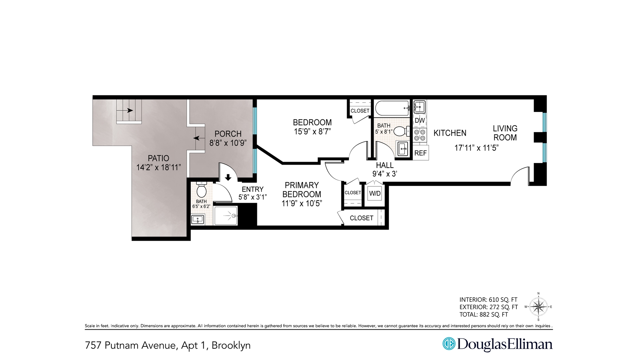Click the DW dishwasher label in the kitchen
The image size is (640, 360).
420,121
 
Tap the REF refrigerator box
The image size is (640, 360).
420,153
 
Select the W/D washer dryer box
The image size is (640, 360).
375,194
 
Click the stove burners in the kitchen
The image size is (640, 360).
420,135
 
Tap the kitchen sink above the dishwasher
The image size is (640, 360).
419,107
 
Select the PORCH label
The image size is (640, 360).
228,134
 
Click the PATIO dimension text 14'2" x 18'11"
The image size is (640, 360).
159,167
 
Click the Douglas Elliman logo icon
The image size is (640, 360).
448,344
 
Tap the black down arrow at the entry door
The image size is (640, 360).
228,177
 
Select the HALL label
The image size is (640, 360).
385,165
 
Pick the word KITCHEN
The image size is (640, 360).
450,133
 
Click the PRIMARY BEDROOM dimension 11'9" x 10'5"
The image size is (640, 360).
302,203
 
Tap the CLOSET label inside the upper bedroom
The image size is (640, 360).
360,111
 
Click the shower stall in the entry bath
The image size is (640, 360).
226,216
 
